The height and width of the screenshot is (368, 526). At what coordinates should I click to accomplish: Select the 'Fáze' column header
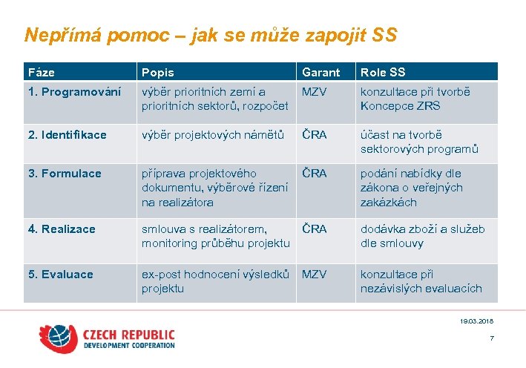tap(42, 72)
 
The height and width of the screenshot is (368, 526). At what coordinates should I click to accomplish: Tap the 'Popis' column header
tap(158, 72)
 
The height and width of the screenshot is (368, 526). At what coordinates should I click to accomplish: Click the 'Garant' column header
tap(320, 72)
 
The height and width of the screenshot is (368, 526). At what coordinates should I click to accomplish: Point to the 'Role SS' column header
tap(383, 72)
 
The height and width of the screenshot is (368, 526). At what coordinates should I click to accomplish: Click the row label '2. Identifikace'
tap(68, 135)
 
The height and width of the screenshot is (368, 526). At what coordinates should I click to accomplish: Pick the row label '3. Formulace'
tap(65, 174)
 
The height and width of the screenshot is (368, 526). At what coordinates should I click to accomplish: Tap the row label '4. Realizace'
tap(62, 229)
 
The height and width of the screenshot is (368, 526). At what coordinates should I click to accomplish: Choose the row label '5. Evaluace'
tap(61, 275)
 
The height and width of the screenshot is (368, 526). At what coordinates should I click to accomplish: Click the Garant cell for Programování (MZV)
tap(314, 92)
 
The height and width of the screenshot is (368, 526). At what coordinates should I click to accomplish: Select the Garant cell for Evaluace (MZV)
tap(314, 275)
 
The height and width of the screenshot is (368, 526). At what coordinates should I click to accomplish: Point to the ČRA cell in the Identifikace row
tap(314, 135)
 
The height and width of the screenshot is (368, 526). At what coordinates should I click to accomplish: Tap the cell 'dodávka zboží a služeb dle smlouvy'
tap(422, 236)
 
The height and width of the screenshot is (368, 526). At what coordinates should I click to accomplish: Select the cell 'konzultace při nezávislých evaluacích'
tap(421, 281)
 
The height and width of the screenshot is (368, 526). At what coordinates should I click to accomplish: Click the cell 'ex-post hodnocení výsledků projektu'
tap(215, 281)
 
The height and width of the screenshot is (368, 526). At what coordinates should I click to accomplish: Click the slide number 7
tap(491, 339)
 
